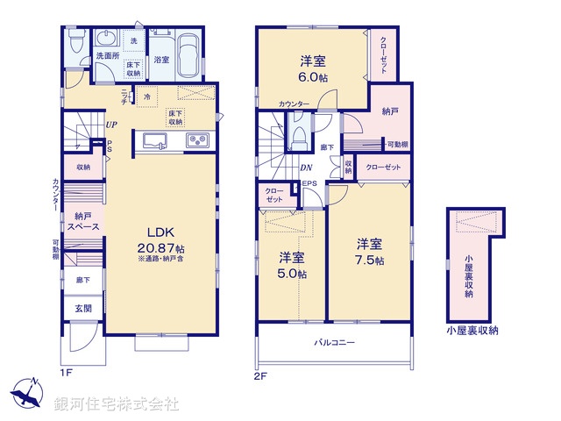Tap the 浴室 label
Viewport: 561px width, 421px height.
[161, 60]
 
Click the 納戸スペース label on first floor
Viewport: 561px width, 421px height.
[85, 221]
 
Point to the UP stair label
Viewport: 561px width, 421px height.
[110, 125]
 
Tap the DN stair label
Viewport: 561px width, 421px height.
[307, 168]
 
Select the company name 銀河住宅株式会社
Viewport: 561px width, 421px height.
[117, 403]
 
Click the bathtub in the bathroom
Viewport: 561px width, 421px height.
[187, 57]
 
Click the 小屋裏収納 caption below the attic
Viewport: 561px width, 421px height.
[471, 331]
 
